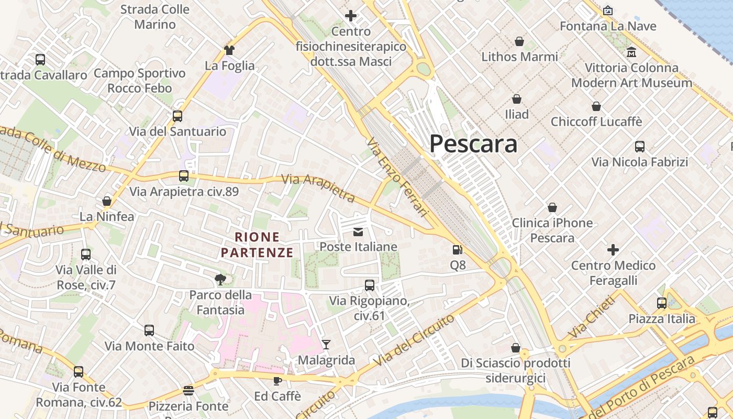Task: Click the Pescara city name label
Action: click(473, 144)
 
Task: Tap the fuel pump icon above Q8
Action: click(458, 250)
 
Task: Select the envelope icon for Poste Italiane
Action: click(358, 231)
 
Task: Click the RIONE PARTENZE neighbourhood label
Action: click(257, 245)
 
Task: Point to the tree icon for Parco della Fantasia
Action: click(220, 280)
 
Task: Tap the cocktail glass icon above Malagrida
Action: click(326, 344)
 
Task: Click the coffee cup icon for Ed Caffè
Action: click(277, 380)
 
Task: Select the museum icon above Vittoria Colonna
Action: click(631, 52)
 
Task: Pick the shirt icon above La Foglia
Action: click(229, 50)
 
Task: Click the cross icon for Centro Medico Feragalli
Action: click(613, 250)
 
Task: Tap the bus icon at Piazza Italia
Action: click(662, 303)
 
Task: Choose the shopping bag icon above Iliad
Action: click(517, 99)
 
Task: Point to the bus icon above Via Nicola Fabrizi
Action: click(640, 147)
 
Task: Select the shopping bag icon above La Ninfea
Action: click(107, 201)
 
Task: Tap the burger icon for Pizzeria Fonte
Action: click(188, 391)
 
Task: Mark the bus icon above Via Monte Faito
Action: click(149, 330)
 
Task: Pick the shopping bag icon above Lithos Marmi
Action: click(519, 41)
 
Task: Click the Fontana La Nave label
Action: click(608, 26)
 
